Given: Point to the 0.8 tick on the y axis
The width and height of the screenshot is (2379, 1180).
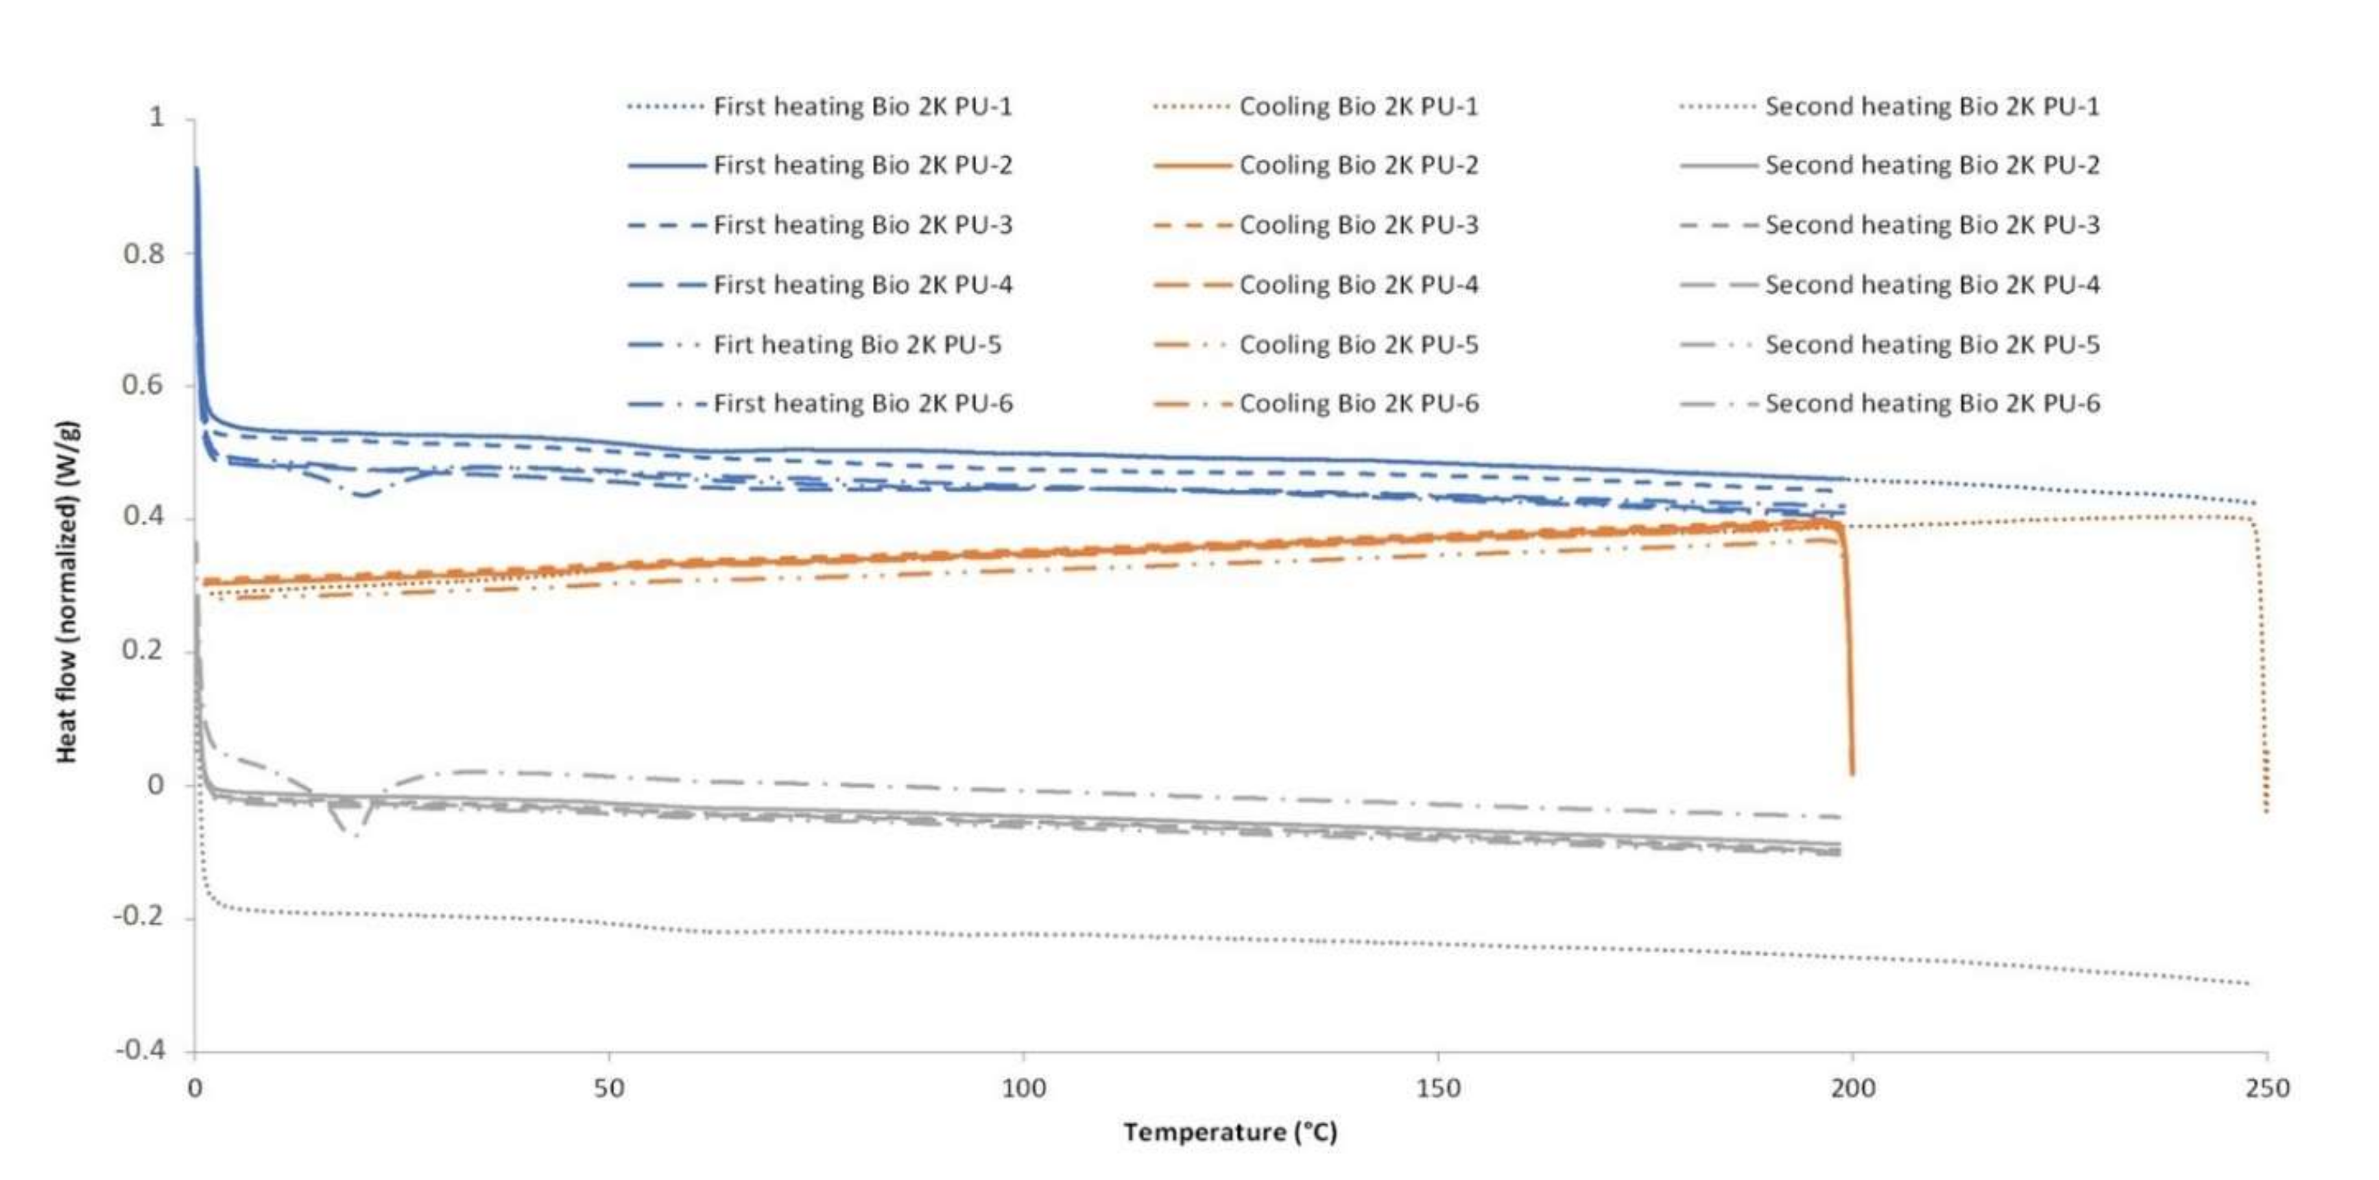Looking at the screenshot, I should [x=143, y=253].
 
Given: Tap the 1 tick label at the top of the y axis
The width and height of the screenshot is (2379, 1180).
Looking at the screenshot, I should [x=157, y=117].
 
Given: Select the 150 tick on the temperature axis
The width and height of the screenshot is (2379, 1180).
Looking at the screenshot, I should [x=1438, y=1089].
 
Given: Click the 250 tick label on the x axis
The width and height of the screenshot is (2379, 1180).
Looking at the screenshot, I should [x=2267, y=1089].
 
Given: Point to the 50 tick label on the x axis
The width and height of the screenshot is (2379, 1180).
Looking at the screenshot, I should [x=608, y=1089].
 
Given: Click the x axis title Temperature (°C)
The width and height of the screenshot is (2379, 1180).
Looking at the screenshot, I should [x=1229, y=1132].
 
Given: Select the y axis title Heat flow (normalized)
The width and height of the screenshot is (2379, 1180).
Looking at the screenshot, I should [x=67, y=591].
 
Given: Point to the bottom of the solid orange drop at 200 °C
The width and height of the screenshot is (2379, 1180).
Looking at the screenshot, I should [x=1852, y=773].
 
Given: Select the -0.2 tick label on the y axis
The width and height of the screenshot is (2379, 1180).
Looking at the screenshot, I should [x=139, y=917].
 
